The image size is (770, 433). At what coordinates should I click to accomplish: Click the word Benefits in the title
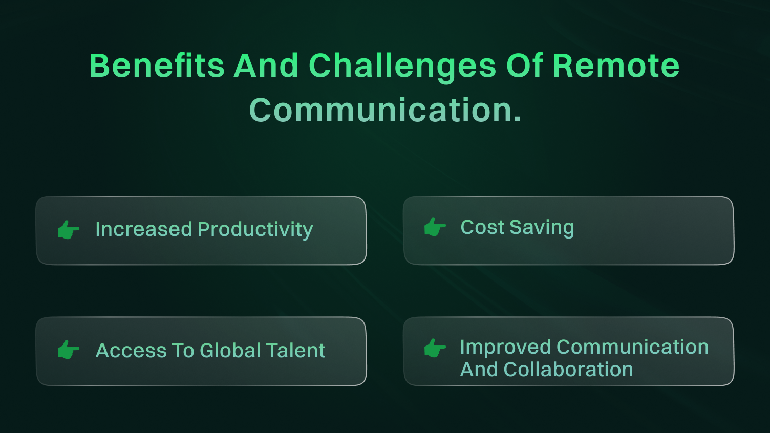157,66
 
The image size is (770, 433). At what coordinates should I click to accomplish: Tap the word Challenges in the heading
402,66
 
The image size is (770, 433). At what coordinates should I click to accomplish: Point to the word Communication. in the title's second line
385,110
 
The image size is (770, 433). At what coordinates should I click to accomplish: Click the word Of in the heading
524,66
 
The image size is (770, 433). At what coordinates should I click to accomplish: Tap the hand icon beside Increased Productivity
69,230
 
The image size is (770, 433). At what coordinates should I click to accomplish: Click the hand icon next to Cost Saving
435,227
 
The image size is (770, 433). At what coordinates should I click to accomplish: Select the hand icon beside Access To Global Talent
69,350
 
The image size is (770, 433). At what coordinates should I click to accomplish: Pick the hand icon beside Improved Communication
435,348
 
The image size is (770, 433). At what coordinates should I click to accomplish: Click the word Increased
143,229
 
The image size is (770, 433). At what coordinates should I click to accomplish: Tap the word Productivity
255,230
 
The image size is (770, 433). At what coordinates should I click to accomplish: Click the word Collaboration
568,370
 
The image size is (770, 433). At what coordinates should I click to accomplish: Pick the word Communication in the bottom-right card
632,347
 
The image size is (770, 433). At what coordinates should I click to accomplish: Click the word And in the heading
266,66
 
